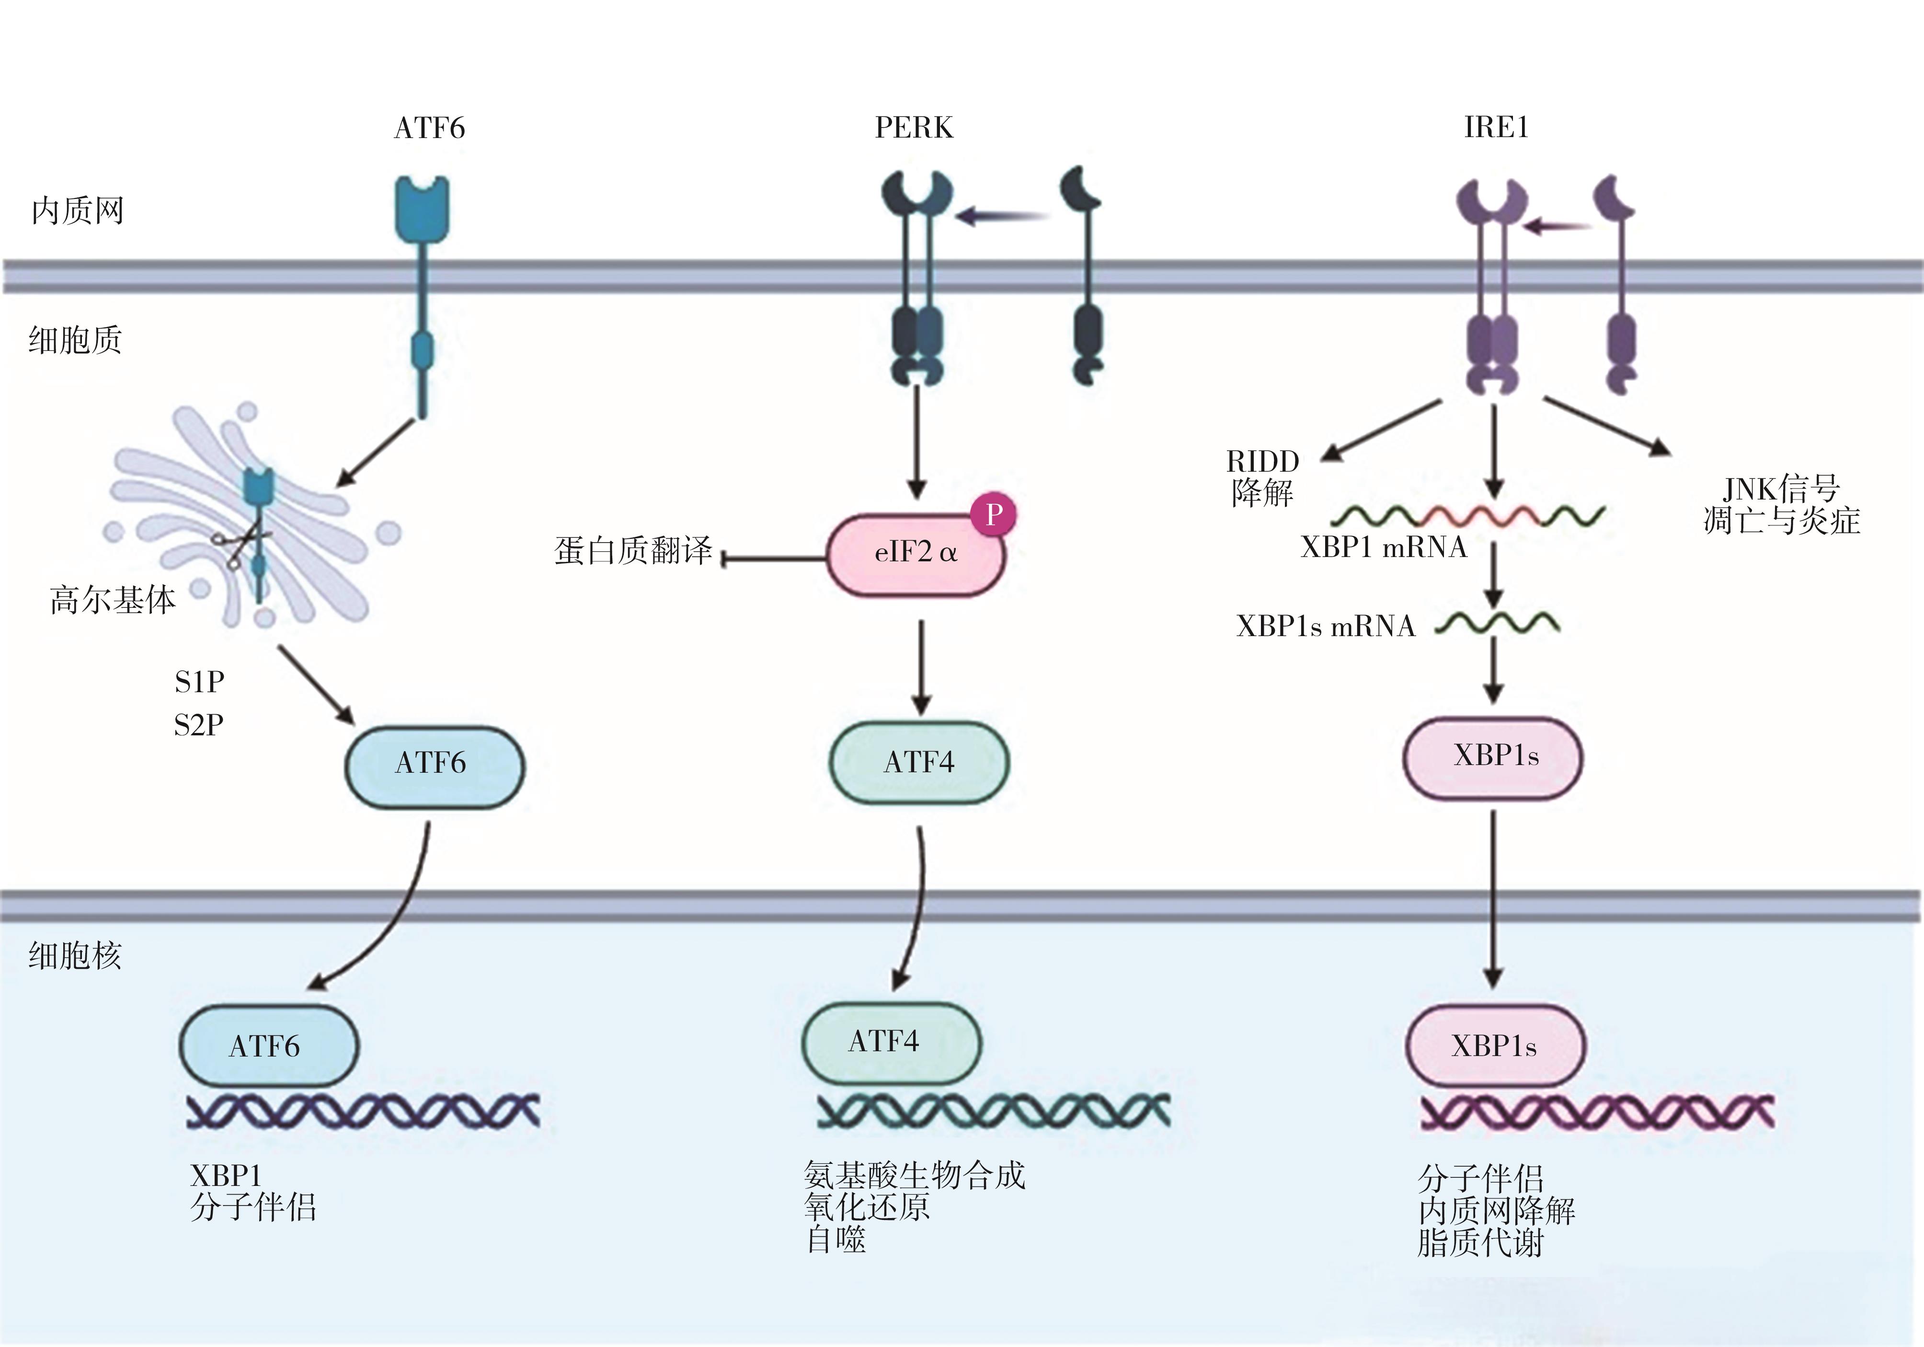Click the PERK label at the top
914,128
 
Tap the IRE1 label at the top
1496,128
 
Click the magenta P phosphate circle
994,514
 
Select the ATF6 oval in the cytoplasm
434,765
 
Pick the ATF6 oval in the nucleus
268,1046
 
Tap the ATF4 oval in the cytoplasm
919,762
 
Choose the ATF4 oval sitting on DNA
890,1042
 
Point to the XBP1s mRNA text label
1325,626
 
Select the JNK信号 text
1781,488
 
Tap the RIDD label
1262,461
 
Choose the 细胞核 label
75,955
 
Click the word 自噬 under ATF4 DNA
836,1239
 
